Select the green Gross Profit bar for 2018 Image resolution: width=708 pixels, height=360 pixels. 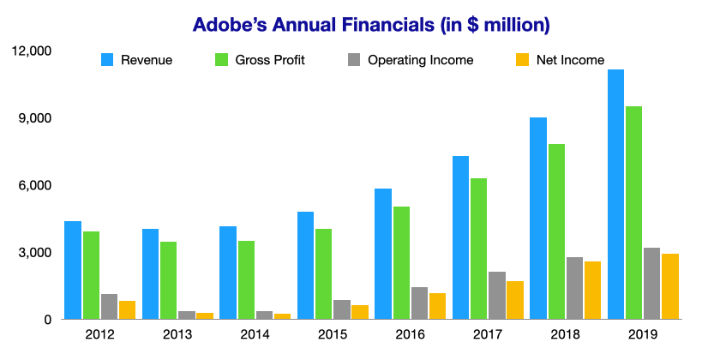click(557, 231)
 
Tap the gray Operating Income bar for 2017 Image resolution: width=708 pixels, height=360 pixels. click(497, 295)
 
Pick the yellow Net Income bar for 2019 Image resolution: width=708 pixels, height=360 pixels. click(670, 286)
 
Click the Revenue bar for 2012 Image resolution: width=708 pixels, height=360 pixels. click(73, 270)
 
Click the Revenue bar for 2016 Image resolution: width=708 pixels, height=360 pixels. click(383, 254)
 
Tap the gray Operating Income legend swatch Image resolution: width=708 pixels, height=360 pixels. click(353, 60)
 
